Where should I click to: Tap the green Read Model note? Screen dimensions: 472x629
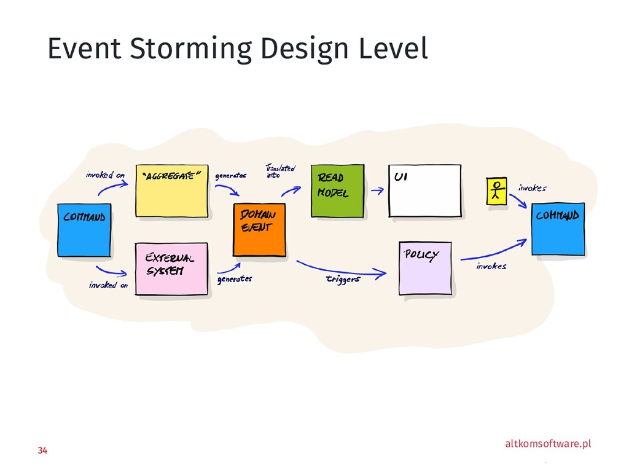337,191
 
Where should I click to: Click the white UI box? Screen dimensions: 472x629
424,191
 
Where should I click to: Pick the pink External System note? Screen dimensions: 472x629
171,270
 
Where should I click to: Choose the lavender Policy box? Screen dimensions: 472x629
425,268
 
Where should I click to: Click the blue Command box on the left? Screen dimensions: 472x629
84,229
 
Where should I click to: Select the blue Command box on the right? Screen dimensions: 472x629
558,229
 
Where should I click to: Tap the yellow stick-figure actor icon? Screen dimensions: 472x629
496,191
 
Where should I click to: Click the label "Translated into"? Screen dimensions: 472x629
280,171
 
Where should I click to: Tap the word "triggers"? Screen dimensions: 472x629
342,280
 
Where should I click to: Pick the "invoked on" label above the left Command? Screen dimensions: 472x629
105,175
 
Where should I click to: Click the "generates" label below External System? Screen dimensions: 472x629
234,279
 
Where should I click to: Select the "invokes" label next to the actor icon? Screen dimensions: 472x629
532,188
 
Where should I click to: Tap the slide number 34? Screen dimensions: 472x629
42,451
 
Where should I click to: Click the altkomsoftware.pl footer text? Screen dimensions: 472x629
547,444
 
